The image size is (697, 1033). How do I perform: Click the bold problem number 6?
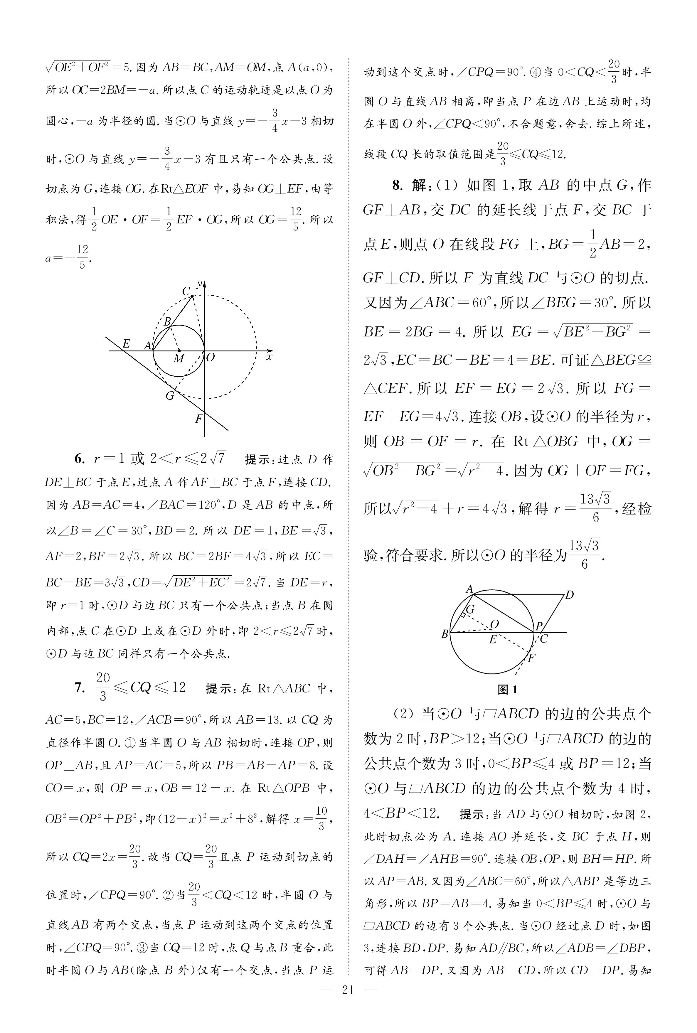point(79,459)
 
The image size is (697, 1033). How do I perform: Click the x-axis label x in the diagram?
point(268,356)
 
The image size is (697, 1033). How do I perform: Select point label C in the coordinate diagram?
point(186,291)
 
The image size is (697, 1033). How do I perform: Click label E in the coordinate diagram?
point(126,343)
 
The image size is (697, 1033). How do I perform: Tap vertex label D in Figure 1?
point(569,595)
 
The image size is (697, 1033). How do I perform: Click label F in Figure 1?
point(531,658)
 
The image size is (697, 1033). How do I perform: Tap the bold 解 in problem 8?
point(418,185)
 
